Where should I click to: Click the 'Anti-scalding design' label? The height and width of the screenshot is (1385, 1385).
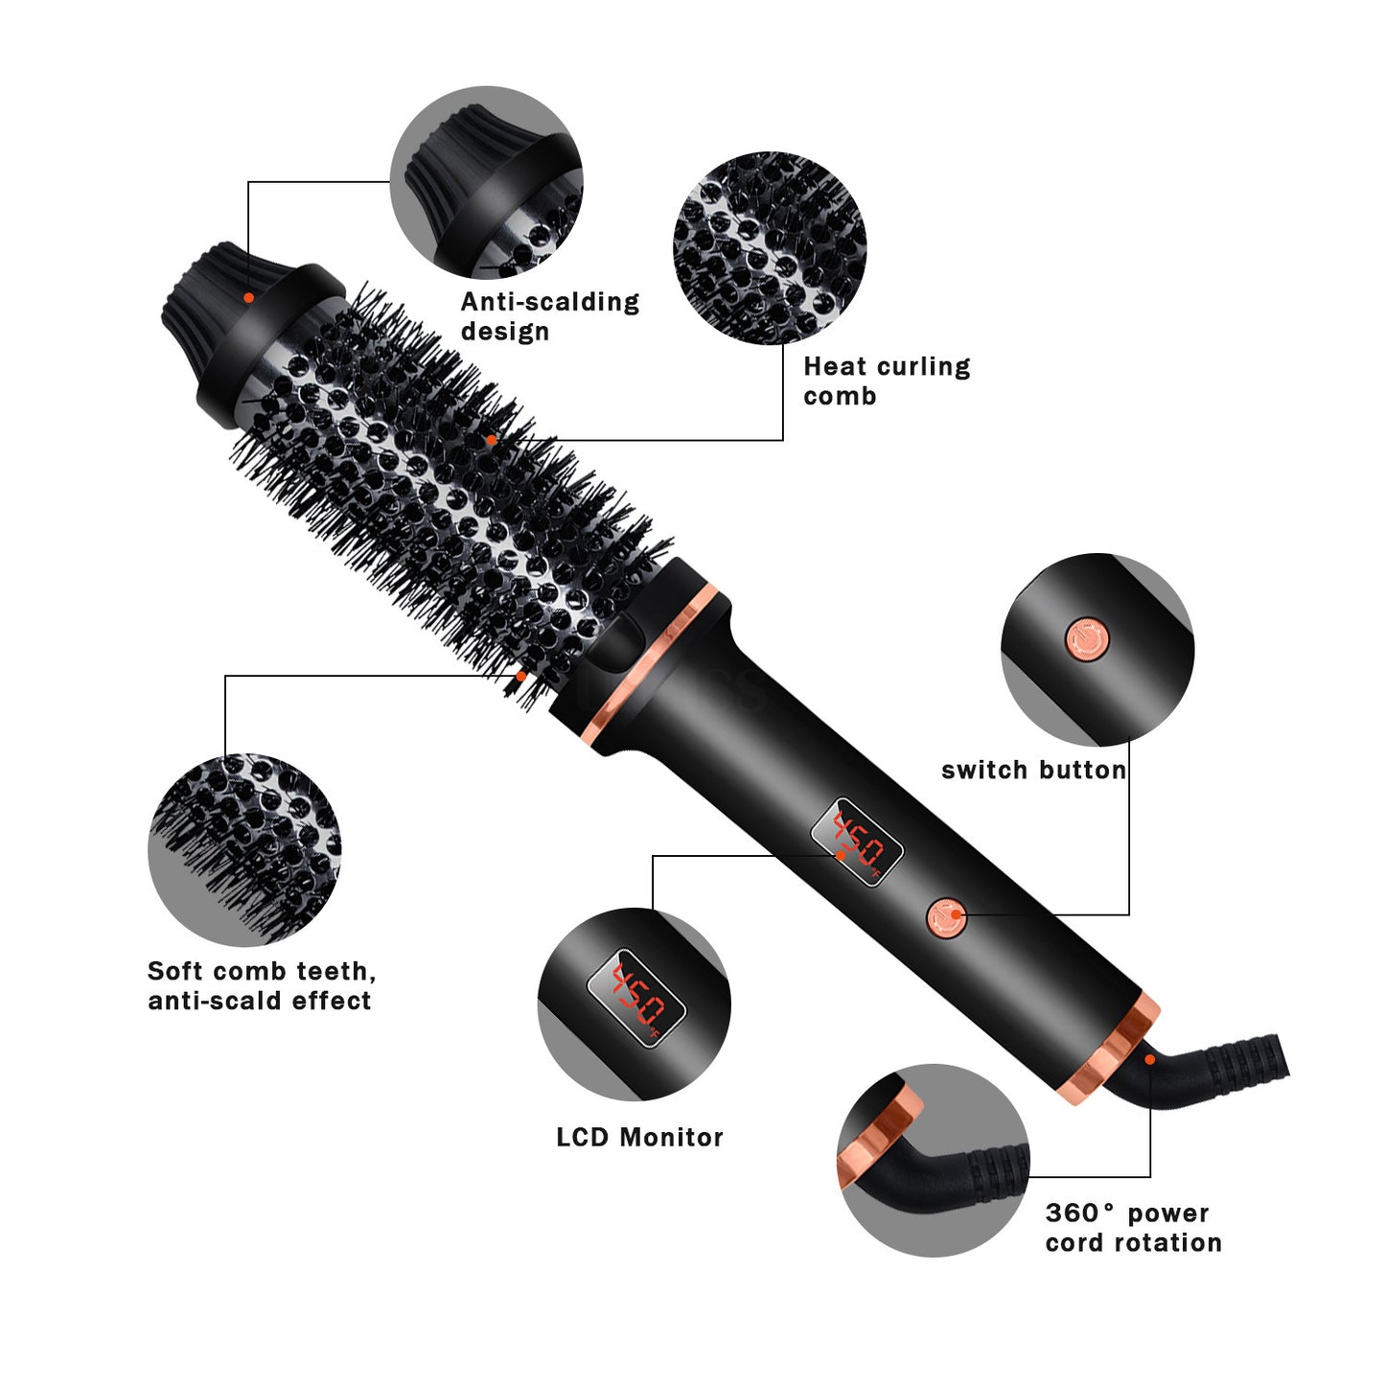(x=549, y=316)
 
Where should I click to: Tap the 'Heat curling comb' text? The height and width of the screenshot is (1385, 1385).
(x=887, y=381)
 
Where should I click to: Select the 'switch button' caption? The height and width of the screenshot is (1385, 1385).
(x=1033, y=770)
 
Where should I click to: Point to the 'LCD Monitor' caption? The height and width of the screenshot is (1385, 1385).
(x=639, y=1138)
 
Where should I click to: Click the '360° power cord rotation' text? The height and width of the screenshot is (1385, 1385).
(x=1133, y=1228)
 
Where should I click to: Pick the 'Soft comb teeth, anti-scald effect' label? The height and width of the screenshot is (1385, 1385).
(x=261, y=985)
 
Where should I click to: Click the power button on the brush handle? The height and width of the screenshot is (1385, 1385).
(x=947, y=918)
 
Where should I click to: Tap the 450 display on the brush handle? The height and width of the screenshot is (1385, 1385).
(x=857, y=842)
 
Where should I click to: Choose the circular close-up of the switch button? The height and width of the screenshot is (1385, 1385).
(x=1097, y=649)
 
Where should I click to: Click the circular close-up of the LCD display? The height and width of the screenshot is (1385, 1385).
(x=634, y=1004)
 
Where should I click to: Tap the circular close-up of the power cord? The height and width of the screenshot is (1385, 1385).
(x=933, y=1160)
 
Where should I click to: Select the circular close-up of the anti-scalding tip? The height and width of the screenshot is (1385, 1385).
(x=486, y=182)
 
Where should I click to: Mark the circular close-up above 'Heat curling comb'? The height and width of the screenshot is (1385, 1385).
(x=770, y=247)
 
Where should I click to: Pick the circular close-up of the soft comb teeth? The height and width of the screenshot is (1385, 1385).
(x=244, y=849)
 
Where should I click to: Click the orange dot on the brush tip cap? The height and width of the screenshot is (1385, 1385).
(x=248, y=297)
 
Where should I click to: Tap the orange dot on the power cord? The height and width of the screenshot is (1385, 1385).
(x=1149, y=1059)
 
